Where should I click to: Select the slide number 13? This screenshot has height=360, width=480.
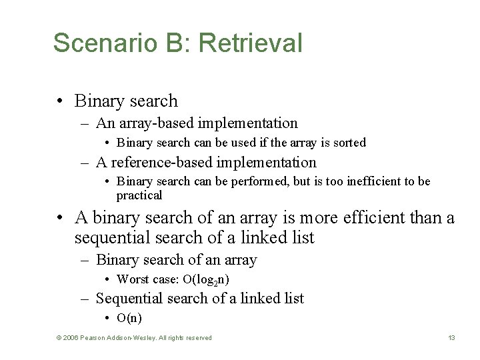[x=451, y=338]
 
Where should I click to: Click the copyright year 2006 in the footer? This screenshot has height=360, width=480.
[x=69, y=338]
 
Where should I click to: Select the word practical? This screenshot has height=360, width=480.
[x=139, y=195]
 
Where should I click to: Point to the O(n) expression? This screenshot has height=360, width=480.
[x=129, y=318]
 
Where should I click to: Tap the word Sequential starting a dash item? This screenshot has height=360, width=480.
[x=131, y=298]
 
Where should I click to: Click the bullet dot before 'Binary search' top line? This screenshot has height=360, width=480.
[x=60, y=101]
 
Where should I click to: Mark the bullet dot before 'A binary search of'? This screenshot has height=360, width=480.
[x=60, y=217]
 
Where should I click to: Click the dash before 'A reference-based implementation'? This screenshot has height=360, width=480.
[x=86, y=162]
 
